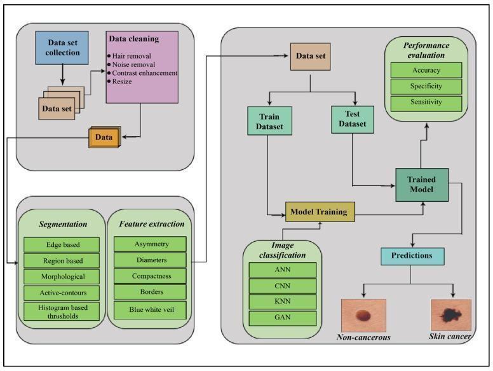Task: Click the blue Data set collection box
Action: pyautogui.click(x=62, y=48)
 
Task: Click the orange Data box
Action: pyautogui.click(x=104, y=137)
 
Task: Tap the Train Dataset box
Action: pyautogui.click(x=270, y=121)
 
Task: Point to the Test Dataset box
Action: pyautogui.click(x=353, y=120)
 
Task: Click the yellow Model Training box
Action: pyautogui.click(x=320, y=212)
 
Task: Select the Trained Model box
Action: pyautogui.click(x=422, y=185)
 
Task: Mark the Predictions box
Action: pyautogui.click(x=412, y=256)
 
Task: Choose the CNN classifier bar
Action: pyautogui.click(x=283, y=286)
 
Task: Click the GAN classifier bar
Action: pyautogui.click(x=283, y=318)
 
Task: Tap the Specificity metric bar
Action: pyautogui.click(x=426, y=87)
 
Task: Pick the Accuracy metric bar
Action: pyautogui.click(x=426, y=70)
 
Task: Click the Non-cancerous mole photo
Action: pyautogui.click(x=364, y=315)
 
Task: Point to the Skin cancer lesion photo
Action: pyautogui.click(x=451, y=315)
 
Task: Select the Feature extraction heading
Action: pyautogui.click(x=152, y=224)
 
